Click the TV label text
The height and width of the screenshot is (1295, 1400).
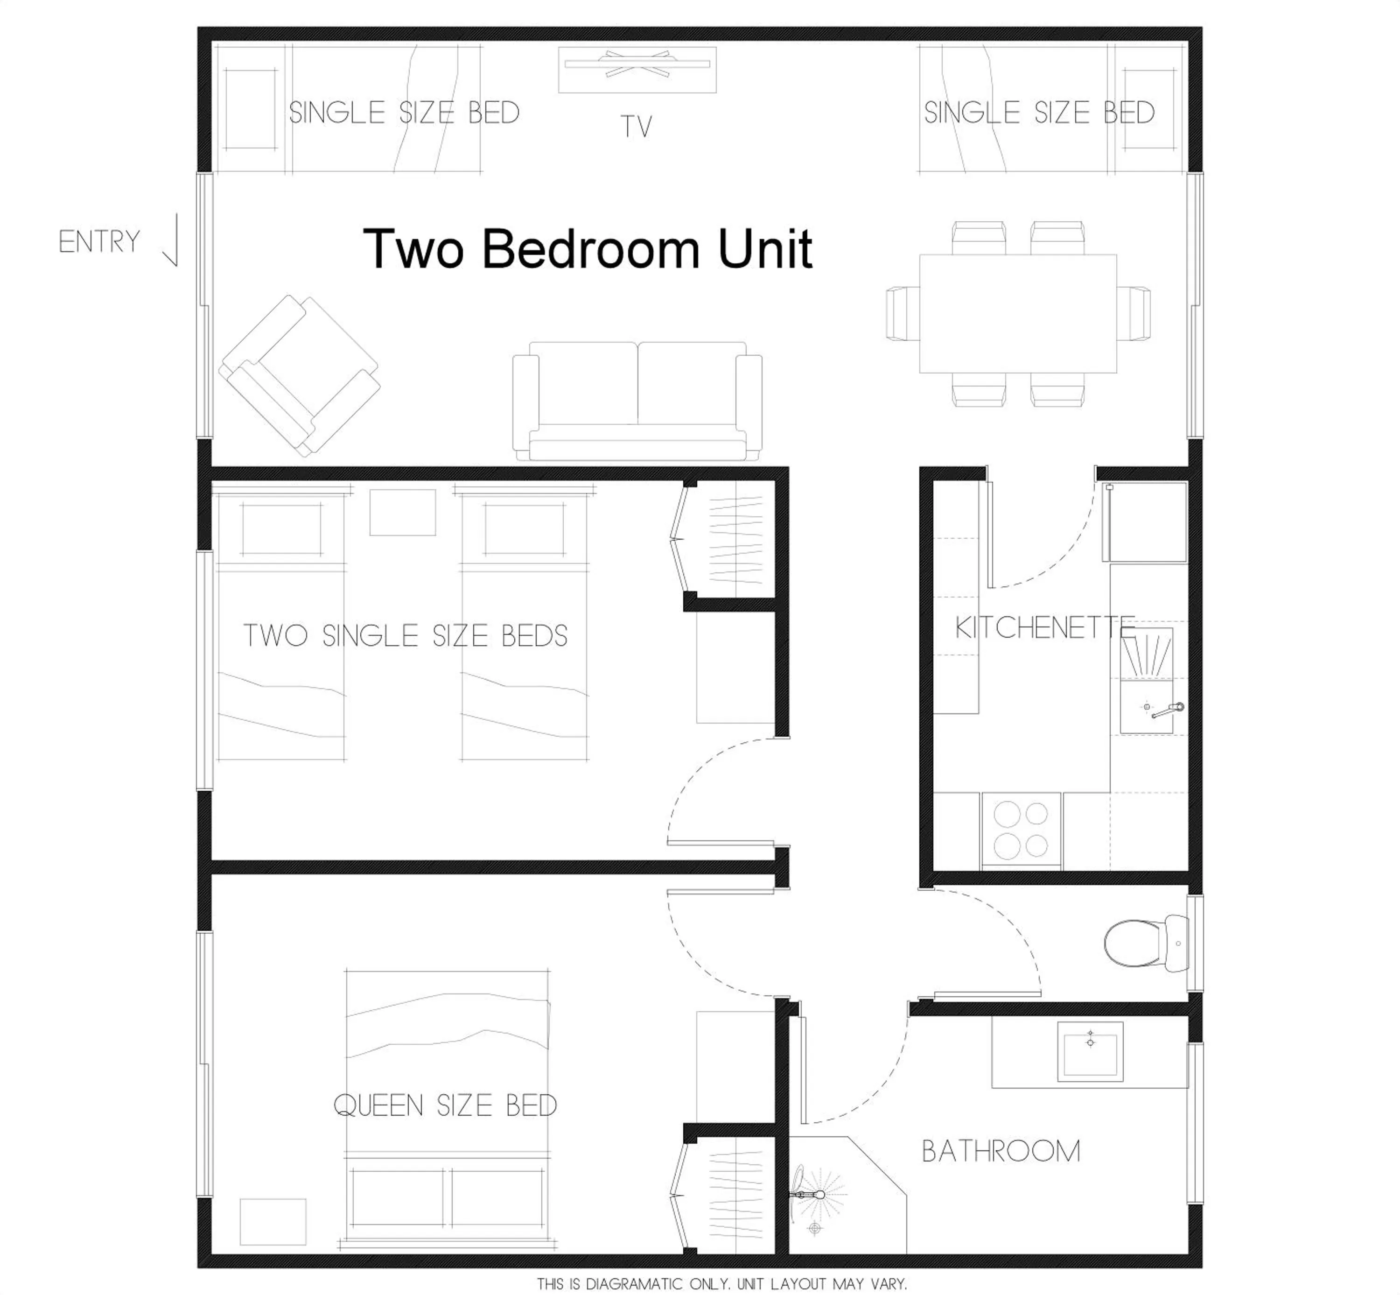[636, 127]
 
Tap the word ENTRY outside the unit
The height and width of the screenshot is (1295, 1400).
[99, 242]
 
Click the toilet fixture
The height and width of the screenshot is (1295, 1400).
[1143, 943]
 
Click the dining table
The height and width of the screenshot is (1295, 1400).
[1018, 313]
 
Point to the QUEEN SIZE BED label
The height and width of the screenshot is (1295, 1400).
[445, 1106]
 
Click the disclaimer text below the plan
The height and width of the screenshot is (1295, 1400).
[721, 1284]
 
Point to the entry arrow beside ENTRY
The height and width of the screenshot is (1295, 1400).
[172, 241]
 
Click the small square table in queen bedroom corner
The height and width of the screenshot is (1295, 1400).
[273, 1221]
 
